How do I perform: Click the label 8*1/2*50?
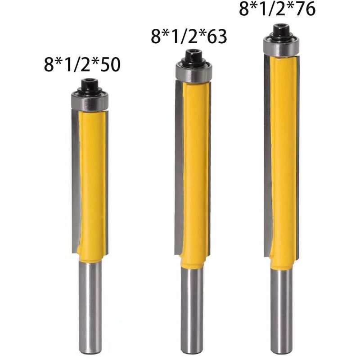82,64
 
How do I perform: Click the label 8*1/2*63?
189,36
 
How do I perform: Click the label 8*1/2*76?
277,9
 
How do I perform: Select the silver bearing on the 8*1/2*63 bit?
193,72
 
